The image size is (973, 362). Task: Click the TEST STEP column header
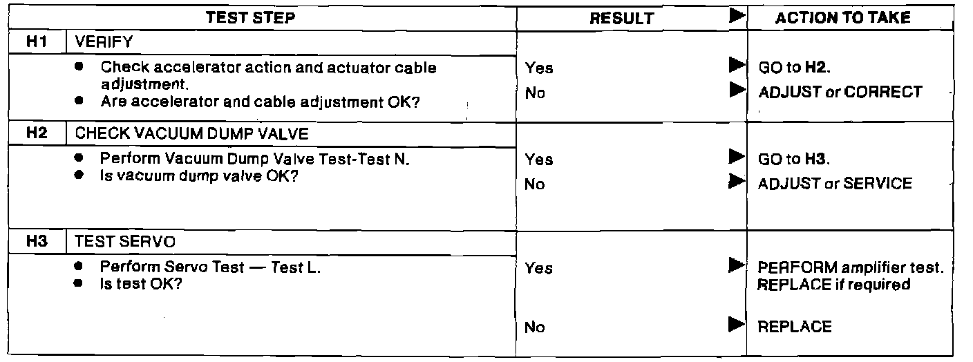click(x=250, y=18)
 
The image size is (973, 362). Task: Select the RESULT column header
click(x=621, y=19)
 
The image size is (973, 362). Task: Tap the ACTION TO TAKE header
click(x=842, y=18)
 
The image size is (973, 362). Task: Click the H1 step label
click(x=36, y=41)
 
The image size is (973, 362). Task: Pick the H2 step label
click(x=36, y=133)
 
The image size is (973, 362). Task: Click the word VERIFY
click(x=104, y=42)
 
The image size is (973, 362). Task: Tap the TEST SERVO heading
click(x=115, y=242)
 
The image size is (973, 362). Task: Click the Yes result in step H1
click(x=539, y=68)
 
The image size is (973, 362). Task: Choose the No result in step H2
click(x=535, y=184)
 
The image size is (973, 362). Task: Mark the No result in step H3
click(x=535, y=327)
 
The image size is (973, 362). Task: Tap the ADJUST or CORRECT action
click(x=840, y=92)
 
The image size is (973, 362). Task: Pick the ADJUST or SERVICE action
click(x=835, y=183)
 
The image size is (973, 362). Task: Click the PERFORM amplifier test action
click(x=851, y=267)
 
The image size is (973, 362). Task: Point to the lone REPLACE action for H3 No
click(x=795, y=327)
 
